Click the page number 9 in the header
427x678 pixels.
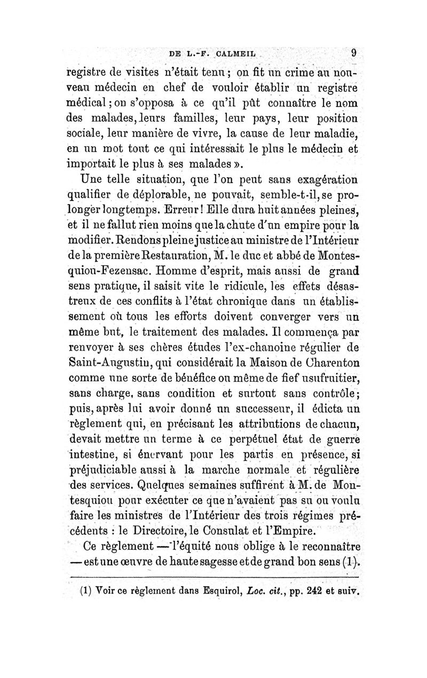click(354, 53)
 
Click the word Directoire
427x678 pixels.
click(182, 543)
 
